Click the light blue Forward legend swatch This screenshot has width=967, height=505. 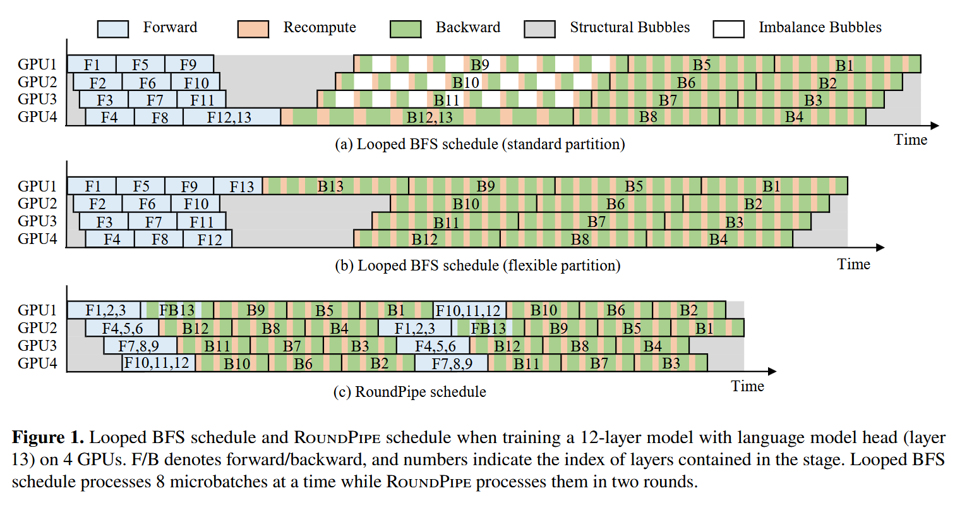click(x=112, y=29)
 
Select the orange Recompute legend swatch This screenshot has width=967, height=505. click(x=253, y=29)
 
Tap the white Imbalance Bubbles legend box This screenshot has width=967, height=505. click(x=729, y=29)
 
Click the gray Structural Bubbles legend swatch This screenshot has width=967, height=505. click(x=539, y=29)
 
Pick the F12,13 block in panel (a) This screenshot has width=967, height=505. click(x=232, y=117)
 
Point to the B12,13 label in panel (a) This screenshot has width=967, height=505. click(x=429, y=117)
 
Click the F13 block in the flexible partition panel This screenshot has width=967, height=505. click(x=238, y=186)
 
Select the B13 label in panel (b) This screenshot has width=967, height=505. click(x=330, y=186)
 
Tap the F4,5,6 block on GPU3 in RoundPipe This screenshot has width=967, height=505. click(x=433, y=346)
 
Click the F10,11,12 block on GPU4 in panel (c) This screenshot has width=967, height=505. click(x=159, y=363)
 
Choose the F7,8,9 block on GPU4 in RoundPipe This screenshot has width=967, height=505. click(x=452, y=363)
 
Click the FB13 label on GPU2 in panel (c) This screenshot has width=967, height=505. click(x=488, y=328)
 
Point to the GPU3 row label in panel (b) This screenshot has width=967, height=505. click(x=37, y=221)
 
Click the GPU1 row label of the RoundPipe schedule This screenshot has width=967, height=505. click(x=37, y=310)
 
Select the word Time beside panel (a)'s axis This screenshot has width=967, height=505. click(x=910, y=140)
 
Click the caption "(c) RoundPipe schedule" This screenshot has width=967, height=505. click(x=410, y=392)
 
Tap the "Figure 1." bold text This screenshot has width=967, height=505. click(x=47, y=437)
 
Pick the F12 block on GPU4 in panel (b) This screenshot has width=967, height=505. click(x=208, y=239)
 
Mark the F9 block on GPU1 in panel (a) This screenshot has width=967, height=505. click(x=189, y=64)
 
